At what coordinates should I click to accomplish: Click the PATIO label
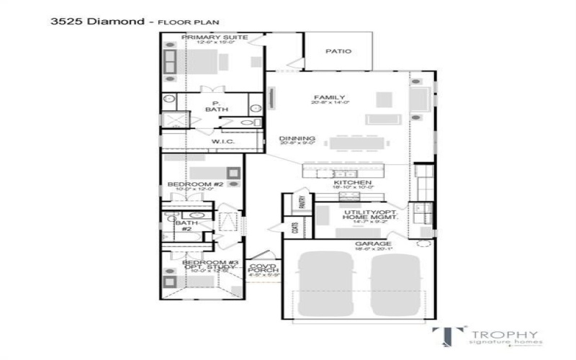(x=338, y=52)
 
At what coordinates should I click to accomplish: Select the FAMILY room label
(x=329, y=98)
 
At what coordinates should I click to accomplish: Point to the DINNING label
(x=297, y=138)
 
